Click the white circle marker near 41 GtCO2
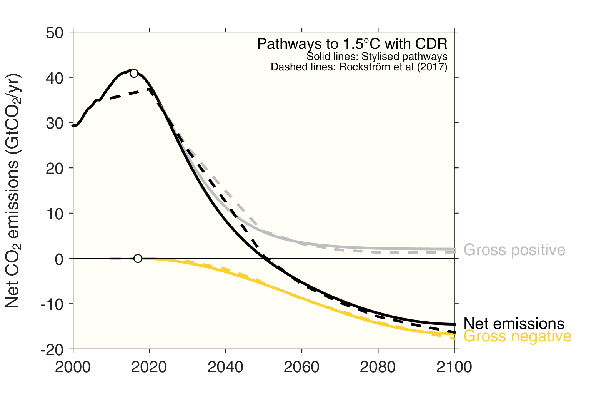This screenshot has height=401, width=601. [x=134, y=74]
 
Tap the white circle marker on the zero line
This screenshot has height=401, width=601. [x=138, y=258]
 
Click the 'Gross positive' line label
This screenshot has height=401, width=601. [x=514, y=250]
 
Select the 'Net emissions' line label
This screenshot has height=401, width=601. [x=514, y=324]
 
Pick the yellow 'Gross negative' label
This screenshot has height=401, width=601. [x=517, y=336]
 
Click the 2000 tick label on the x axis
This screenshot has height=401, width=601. [x=73, y=367]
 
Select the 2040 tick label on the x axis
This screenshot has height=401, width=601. [x=225, y=367]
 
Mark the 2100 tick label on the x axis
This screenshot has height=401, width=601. [x=454, y=367]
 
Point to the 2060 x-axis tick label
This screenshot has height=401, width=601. [x=301, y=367]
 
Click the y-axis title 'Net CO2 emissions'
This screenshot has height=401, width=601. [x=13, y=190]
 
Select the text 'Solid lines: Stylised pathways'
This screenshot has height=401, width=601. [x=377, y=57]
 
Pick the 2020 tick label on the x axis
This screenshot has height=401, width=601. [x=149, y=367]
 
